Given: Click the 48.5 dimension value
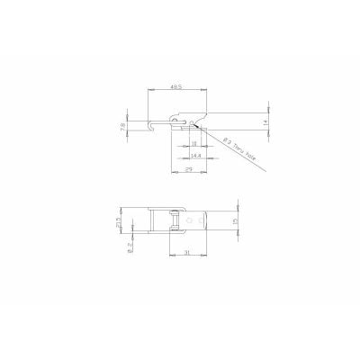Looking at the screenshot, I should point(176,86).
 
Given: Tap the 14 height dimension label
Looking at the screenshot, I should point(266,120).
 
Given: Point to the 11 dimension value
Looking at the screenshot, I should point(194,143).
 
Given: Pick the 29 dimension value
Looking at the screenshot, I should point(190,168).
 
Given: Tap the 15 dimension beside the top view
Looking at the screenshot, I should point(237,222).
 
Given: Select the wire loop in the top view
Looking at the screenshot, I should point(171,222).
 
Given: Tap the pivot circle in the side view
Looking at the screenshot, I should point(193,121).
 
